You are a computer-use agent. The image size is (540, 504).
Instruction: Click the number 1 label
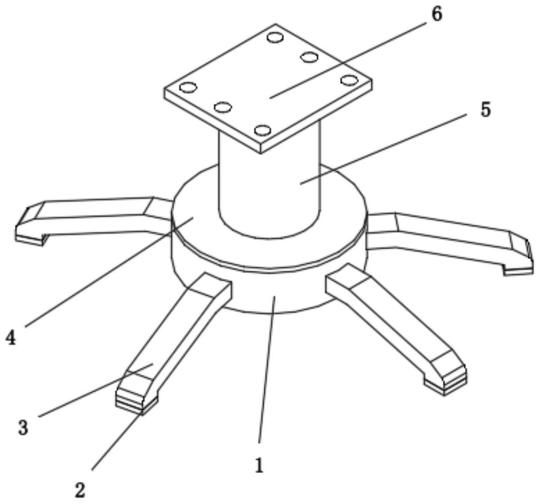coord(259,465)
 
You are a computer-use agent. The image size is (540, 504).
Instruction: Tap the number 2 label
coord(80,490)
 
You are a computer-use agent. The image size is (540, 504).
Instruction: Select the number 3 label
coord(23,428)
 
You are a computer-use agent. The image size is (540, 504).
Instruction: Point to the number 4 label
coord(11,338)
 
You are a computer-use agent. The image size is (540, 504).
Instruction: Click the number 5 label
coord(485,110)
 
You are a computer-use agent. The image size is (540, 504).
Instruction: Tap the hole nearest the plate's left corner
coord(188,87)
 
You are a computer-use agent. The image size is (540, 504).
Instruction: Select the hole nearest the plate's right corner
coord(349,80)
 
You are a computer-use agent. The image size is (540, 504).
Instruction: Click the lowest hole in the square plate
coord(263,131)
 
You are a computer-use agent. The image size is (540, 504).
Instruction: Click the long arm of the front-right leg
coord(391,320)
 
